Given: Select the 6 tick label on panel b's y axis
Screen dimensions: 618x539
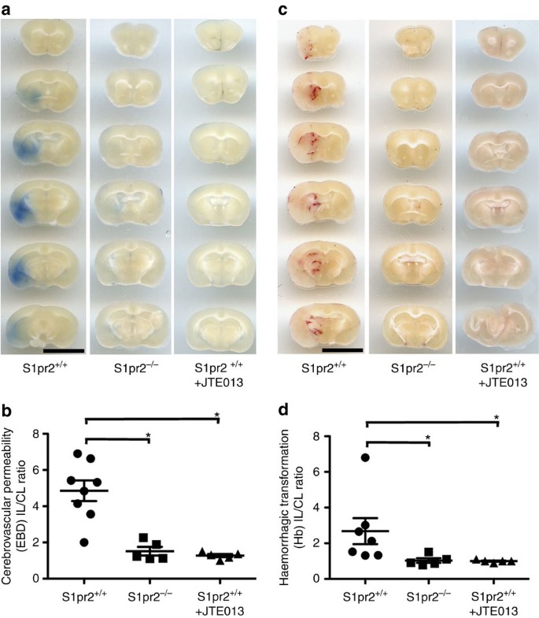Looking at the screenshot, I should tap(40, 472).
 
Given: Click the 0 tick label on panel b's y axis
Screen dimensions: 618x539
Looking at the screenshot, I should tap(40, 579).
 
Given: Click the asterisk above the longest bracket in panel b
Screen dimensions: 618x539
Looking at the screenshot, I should tap(216, 413).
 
